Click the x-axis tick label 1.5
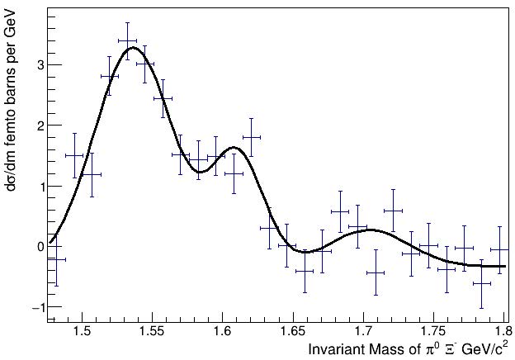[82, 333]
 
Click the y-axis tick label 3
[38, 64]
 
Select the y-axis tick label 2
[38, 126]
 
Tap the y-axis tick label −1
[35, 307]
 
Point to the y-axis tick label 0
[38, 246]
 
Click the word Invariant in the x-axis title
[334, 349]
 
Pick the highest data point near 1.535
[127, 40]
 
